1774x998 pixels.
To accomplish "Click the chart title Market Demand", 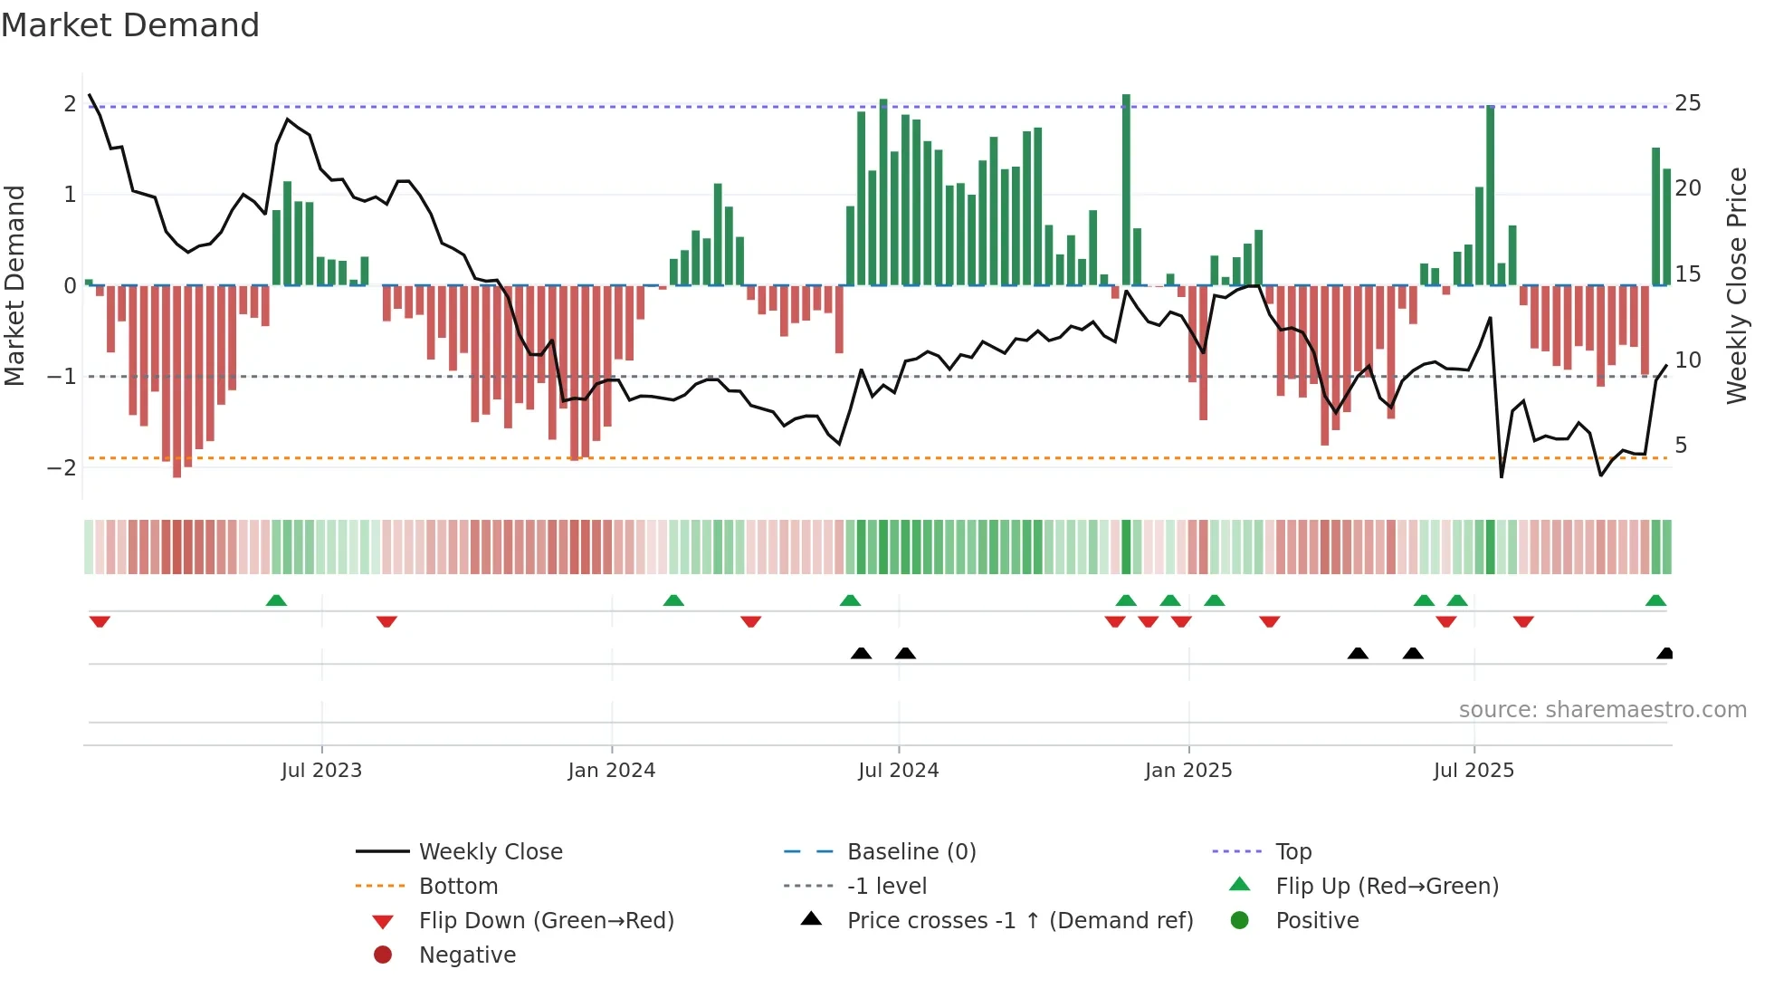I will [130, 25].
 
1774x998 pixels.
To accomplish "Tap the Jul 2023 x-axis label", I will [321, 771].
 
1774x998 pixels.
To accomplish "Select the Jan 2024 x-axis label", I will [611, 771].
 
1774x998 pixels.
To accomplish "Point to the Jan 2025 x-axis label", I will [1187, 771].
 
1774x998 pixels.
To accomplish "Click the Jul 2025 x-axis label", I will [1474, 771].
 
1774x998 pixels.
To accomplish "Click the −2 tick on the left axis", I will [62, 468].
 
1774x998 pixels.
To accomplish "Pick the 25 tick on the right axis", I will [1687, 103].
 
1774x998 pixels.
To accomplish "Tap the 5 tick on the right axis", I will [1681, 446].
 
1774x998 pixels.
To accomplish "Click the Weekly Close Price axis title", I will [1736, 285].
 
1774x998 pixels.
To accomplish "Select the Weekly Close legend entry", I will [490, 852].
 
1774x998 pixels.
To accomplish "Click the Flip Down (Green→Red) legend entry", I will [546, 921].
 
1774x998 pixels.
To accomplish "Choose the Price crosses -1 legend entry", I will [1019, 921].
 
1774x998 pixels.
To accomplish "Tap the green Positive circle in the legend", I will [1240, 921].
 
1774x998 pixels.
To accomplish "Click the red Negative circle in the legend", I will [383, 955].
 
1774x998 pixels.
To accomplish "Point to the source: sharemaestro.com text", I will [1602, 710].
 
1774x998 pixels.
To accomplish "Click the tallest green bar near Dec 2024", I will [1126, 190].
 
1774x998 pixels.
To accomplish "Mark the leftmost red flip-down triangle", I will [100, 621].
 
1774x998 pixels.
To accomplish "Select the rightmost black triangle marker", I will [1664, 653].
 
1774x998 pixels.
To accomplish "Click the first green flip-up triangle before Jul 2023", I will [276, 600].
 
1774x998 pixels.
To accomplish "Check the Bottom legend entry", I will [458, 887].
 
